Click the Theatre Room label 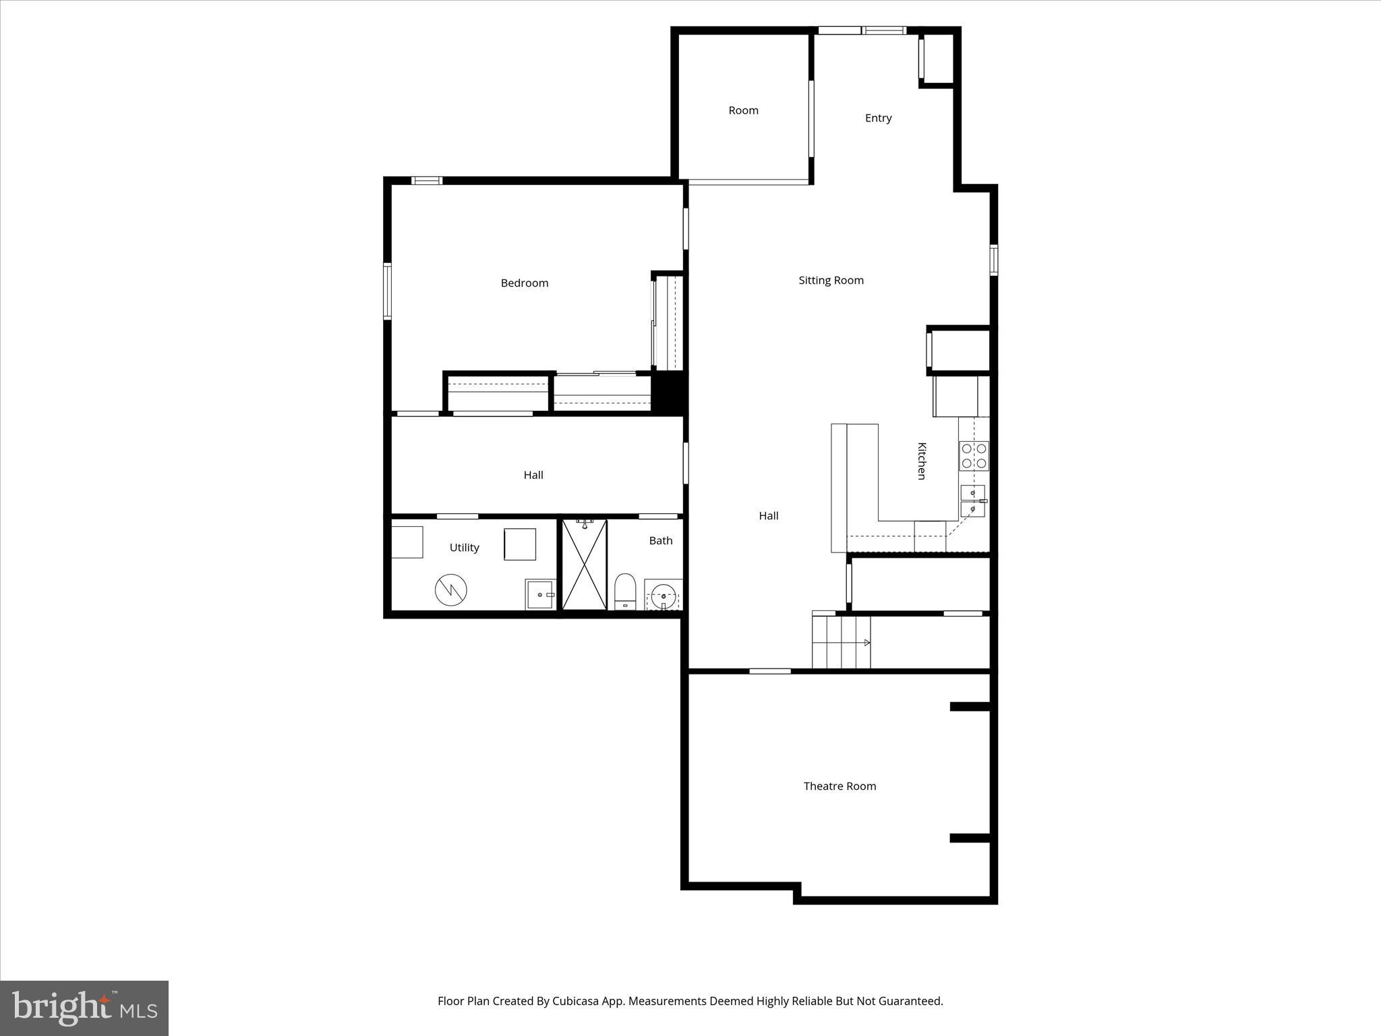(840, 786)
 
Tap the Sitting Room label (831, 280)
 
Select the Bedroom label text (524, 283)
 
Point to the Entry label (878, 118)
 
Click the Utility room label (464, 547)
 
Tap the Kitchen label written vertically (921, 461)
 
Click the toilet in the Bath (625, 592)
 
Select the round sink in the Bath (664, 596)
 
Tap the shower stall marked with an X (585, 565)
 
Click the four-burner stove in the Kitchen (974, 456)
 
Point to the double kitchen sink (972, 501)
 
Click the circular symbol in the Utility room (450, 590)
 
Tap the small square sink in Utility (540, 594)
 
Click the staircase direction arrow (866, 643)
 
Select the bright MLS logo (84, 1008)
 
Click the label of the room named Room (743, 110)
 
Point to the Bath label (661, 540)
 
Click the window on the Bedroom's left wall (387, 291)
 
